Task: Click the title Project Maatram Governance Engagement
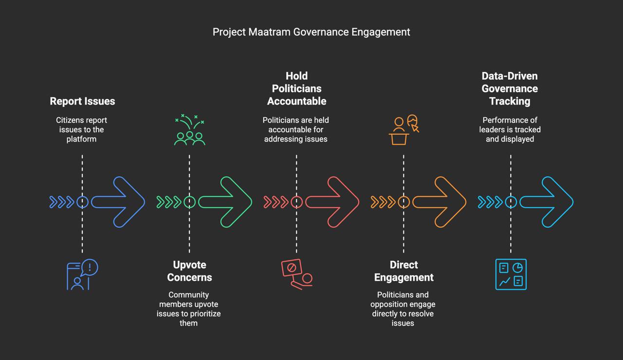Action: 311,32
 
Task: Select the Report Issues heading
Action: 82,101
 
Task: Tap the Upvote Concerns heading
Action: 189,271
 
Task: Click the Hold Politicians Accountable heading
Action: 296,89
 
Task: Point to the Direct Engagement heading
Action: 403,271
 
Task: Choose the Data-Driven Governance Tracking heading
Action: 510,89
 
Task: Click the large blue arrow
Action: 119,202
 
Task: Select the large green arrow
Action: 226,202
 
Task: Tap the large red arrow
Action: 333,202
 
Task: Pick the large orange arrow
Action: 440,202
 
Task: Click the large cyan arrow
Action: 548,202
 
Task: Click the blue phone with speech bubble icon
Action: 82,275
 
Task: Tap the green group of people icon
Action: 189,130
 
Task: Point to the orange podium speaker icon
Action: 403,130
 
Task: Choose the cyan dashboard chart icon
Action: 511,274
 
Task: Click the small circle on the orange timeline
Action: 403,202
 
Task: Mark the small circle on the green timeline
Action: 189,202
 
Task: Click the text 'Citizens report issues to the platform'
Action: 82,129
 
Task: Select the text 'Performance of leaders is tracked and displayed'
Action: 510,129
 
